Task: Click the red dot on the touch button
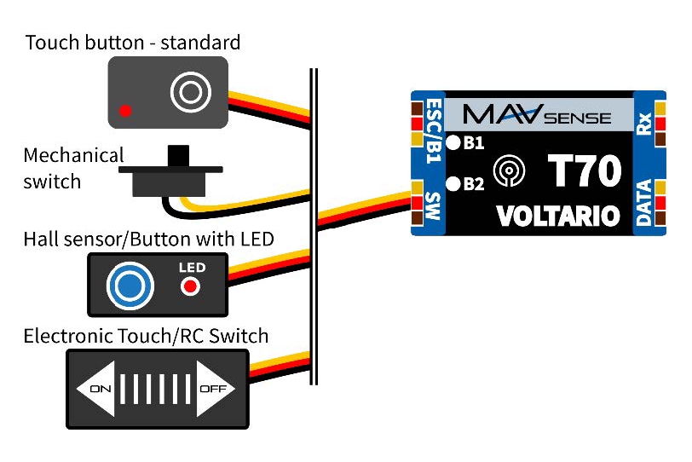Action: click(125, 110)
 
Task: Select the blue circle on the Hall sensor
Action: click(130, 286)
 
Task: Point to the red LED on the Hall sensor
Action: click(191, 286)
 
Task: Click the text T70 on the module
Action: click(584, 170)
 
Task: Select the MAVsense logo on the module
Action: click(538, 113)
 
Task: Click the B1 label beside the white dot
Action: click(473, 143)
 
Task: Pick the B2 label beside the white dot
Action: click(473, 182)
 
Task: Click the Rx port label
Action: click(644, 123)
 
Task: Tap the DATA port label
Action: click(644, 201)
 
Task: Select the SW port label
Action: click(432, 205)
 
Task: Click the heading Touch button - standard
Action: click(133, 42)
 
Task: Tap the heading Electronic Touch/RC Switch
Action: click(146, 336)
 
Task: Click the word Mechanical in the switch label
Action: click(73, 156)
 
